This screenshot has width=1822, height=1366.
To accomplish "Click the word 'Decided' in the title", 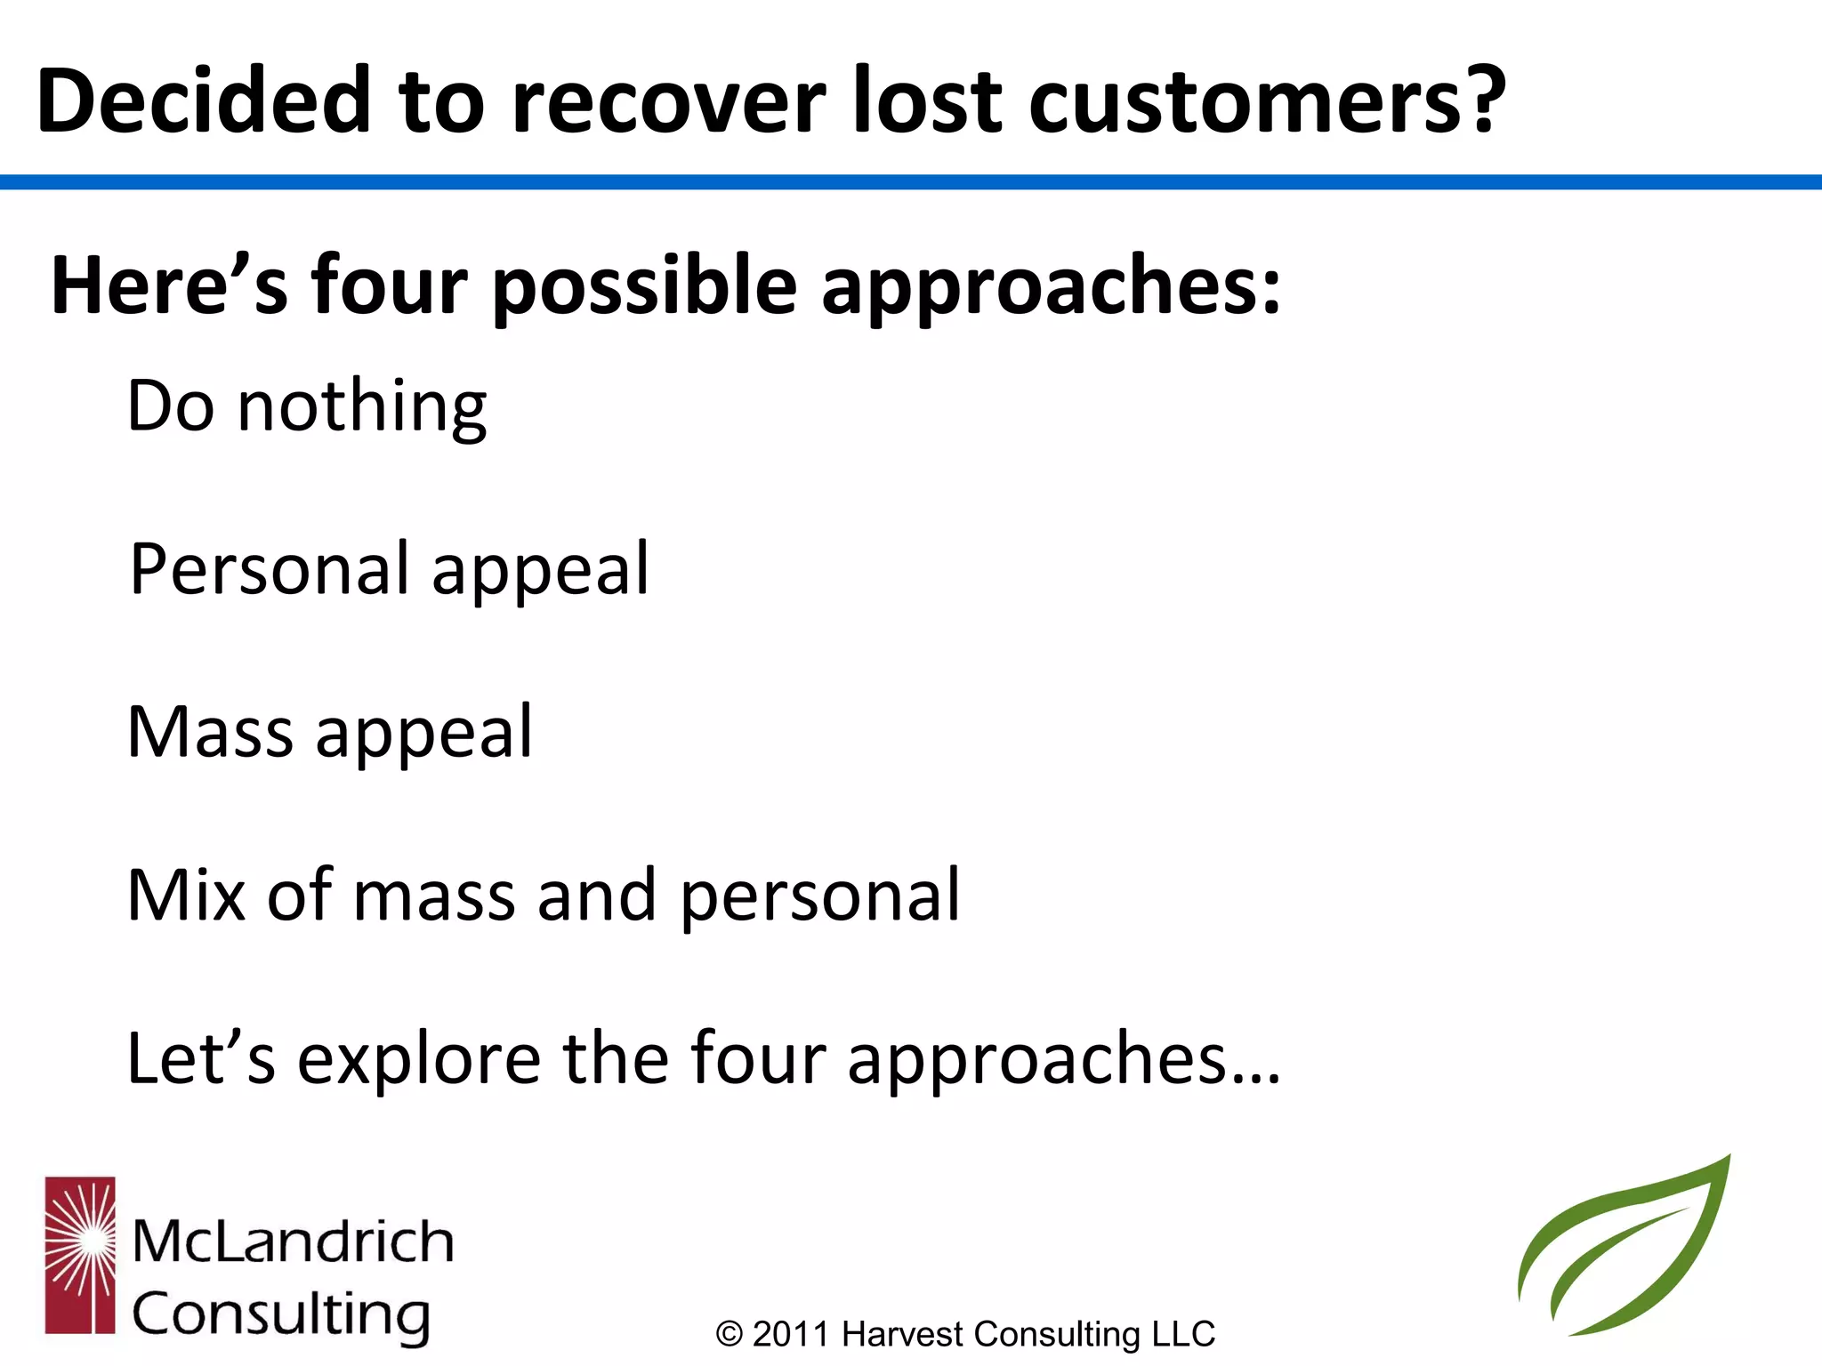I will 204,100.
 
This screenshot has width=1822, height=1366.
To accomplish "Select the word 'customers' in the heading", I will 1246,102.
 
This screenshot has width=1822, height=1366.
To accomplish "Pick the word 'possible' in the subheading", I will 645,287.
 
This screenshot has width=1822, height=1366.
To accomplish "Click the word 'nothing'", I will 362,407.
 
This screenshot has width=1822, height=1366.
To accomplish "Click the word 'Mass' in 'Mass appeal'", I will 210,732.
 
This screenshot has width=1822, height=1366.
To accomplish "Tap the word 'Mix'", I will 186,895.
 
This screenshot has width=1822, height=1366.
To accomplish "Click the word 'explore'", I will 418,1059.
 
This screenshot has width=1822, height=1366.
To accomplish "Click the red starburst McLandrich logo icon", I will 80,1255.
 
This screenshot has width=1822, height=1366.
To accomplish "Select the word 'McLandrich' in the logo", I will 293,1241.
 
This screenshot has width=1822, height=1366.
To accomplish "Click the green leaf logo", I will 1624,1249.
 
